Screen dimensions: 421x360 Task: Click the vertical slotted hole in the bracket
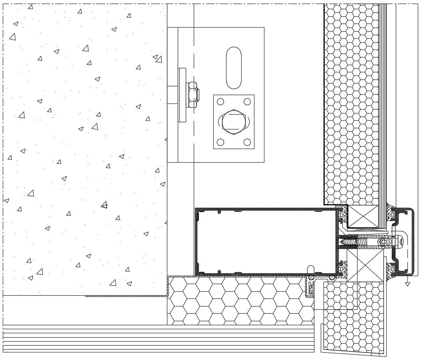(x=234, y=68)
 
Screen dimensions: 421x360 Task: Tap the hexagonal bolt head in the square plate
(x=234, y=121)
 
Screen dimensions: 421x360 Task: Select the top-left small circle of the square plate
(x=220, y=101)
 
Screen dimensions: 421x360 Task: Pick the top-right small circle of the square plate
(x=247, y=101)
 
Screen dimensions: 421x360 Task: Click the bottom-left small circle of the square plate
(x=220, y=142)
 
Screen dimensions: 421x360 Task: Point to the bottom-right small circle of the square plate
(x=247, y=142)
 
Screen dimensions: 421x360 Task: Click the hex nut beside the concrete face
(x=193, y=95)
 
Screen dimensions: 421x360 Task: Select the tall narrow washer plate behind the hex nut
(x=182, y=95)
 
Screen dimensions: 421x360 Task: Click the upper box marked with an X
(x=363, y=217)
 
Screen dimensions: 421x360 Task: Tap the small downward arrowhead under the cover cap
(x=407, y=284)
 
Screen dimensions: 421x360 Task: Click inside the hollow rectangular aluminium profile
(x=266, y=242)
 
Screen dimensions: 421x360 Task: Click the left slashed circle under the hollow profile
(x=311, y=277)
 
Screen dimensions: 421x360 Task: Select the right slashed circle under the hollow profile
(x=332, y=277)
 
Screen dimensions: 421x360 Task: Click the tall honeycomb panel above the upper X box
(x=351, y=104)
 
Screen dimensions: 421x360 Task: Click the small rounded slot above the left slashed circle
(x=311, y=269)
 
